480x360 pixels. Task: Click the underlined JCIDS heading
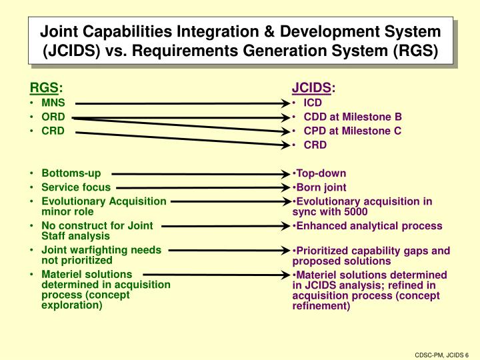point(311,89)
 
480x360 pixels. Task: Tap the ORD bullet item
point(53,117)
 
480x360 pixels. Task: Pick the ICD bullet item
point(313,103)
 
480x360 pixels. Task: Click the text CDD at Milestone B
point(353,117)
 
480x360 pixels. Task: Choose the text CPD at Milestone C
point(353,131)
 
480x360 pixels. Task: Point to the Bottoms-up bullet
point(71,173)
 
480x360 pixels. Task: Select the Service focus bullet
point(76,187)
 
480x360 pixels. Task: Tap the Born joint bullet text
point(321,187)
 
